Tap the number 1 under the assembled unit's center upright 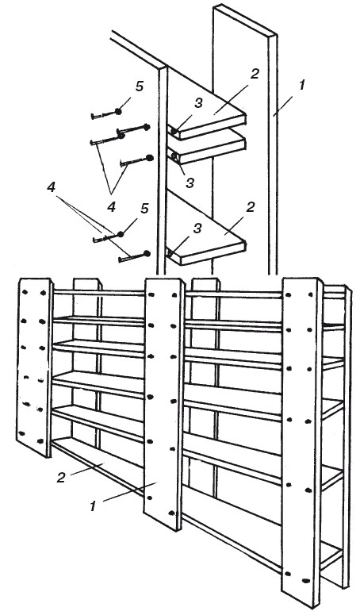tap(93, 506)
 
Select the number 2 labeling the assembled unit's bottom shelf tap(61, 478)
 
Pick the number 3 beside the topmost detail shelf tap(198, 103)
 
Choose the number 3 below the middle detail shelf tap(190, 183)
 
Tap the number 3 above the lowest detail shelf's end tap(197, 229)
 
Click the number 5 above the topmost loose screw tap(140, 87)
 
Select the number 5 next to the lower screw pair tap(144, 209)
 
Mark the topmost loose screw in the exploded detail tap(105, 113)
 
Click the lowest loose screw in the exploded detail tap(134, 256)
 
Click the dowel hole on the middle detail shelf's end tap(174, 157)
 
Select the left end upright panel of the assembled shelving tap(34, 367)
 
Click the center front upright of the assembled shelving tap(164, 404)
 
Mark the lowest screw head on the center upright tap(171, 513)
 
